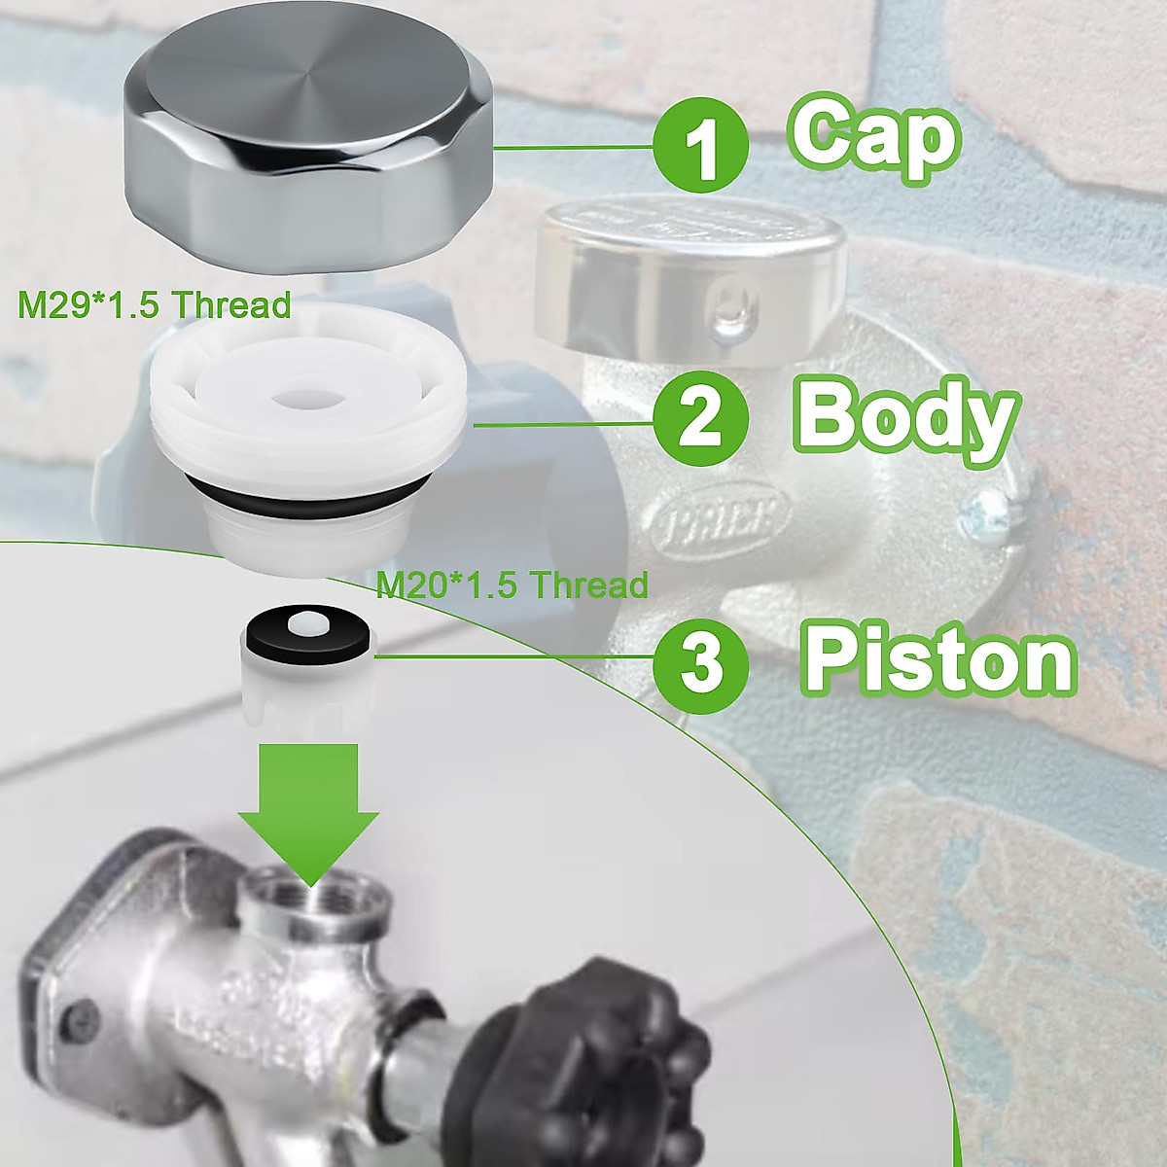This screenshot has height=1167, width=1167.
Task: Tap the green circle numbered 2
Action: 701,420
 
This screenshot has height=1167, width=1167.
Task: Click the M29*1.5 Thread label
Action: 154,305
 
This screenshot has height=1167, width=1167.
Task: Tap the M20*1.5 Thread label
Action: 512,585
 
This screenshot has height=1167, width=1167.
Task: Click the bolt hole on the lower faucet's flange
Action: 68,1021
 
